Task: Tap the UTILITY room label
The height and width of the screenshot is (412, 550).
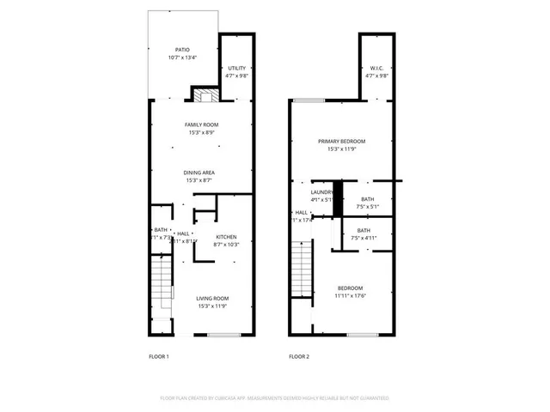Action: (236, 68)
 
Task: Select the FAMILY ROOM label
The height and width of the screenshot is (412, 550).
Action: (201, 125)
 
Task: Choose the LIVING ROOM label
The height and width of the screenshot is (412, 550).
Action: (200, 298)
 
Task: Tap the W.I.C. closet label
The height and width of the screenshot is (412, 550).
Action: (377, 68)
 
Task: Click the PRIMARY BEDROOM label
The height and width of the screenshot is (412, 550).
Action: (341, 142)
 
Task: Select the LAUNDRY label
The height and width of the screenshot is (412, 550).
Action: (321, 192)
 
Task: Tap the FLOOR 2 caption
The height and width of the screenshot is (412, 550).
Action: (299, 355)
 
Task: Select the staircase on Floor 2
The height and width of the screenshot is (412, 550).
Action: (300, 269)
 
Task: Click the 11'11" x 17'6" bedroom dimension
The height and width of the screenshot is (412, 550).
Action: (350, 296)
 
